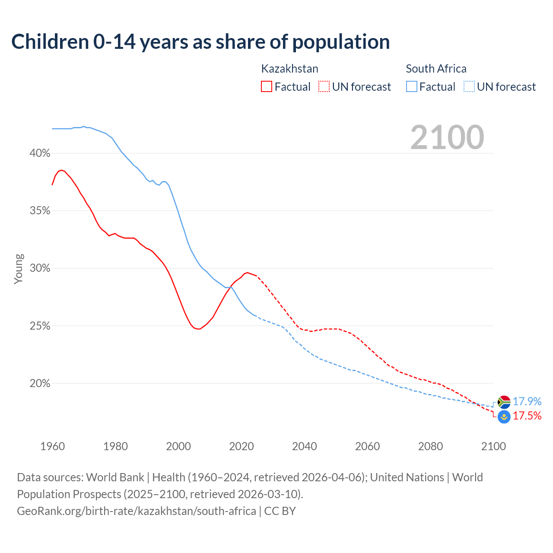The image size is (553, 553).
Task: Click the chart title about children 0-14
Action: pyautogui.click(x=200, y=42)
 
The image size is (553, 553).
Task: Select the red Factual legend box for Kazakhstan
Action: pyautogui.click(x=267, y=87)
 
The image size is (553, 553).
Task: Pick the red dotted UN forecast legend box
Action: pyautogui.click(x=324, y=87)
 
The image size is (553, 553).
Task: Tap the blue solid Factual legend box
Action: pyautogui.click(x=412, y=87)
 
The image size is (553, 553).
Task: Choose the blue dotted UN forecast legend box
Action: pyautogui.click(x=469, y=87)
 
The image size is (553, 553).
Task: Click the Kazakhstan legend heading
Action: pyautogui.click(x=289, y=69)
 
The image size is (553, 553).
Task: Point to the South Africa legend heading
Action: pyautogui.click(x=436, y=69)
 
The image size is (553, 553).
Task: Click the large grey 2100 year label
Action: pyautogui.click(x=447, y=137)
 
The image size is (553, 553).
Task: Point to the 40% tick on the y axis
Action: pyautogui.click(x=40, y=153)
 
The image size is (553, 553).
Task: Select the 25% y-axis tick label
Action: pyautogui.click(x=40, y=326)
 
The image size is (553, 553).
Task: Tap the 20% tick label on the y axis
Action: pyautogui.click(x=40, y=384)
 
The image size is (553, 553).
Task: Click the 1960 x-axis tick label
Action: pyautogui.click(x=52, y=446)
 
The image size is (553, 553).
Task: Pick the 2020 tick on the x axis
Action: pyautogui.click(x=241, y=446)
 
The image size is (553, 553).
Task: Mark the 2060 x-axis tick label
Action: pyautogui.click(x=367, y=446)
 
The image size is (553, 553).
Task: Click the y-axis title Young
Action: pyautogui.click(x=19, y=269)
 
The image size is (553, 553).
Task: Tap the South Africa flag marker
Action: pyautogui.click(x=504, y=402)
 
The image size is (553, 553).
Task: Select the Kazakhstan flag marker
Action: pyautogui.click(x=504, y=417)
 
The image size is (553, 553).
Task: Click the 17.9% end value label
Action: pyautogui.click(x=527, y=402)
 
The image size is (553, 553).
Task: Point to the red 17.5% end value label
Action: pyautogui.click(x=527, y=416)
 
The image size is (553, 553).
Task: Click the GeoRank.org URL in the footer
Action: pyautogui.click(x=137, y=511)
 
